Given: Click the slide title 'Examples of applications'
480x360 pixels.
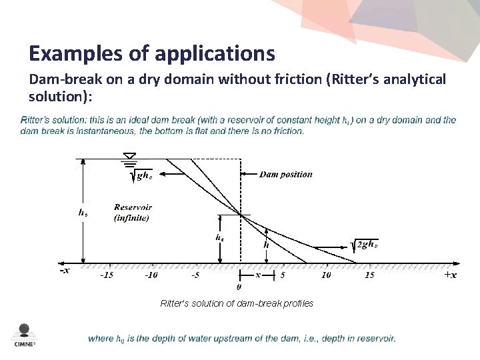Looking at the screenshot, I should tap(152, 52).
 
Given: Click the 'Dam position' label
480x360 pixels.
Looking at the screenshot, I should tap(285, 175).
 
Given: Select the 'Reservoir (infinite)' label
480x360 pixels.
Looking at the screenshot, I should tap(131, 213).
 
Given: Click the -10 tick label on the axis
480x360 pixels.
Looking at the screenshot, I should tap(151, 275).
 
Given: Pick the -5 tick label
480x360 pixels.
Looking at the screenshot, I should tap(195, 275).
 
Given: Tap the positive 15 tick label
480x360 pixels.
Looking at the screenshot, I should tap(369, 275).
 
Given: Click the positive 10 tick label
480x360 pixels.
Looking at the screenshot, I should tap(326, 275).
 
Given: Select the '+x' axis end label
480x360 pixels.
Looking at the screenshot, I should tap(450, 275).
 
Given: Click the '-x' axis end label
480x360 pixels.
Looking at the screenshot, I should tap(63, 271).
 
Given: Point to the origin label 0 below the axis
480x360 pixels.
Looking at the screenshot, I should tap(239, 288).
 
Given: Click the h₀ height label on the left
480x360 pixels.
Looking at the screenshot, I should tap(82, 213).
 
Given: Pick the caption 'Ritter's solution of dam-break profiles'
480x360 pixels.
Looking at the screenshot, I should tap(237, 304).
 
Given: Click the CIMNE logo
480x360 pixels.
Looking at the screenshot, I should tap(24, 335).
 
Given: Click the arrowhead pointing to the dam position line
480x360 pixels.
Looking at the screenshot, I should tap(244, 175).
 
